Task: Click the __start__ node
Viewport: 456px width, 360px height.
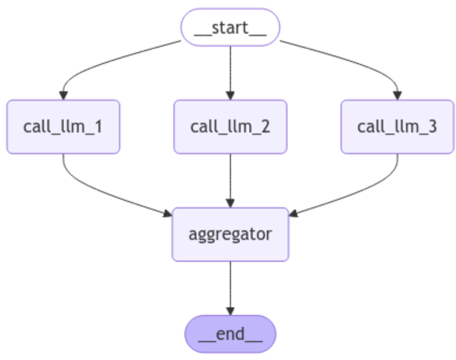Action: pos(230,27)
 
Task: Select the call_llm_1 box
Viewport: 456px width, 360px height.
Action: pos(63,127)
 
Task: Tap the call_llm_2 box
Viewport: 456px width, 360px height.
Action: pos(230,127)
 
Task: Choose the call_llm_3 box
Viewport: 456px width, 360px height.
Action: pos(397,127)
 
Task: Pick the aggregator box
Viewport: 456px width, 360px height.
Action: pos(230,234)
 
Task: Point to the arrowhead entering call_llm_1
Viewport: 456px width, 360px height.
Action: pos(63,96)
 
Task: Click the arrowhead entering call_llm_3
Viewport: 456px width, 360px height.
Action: pos(397,96)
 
